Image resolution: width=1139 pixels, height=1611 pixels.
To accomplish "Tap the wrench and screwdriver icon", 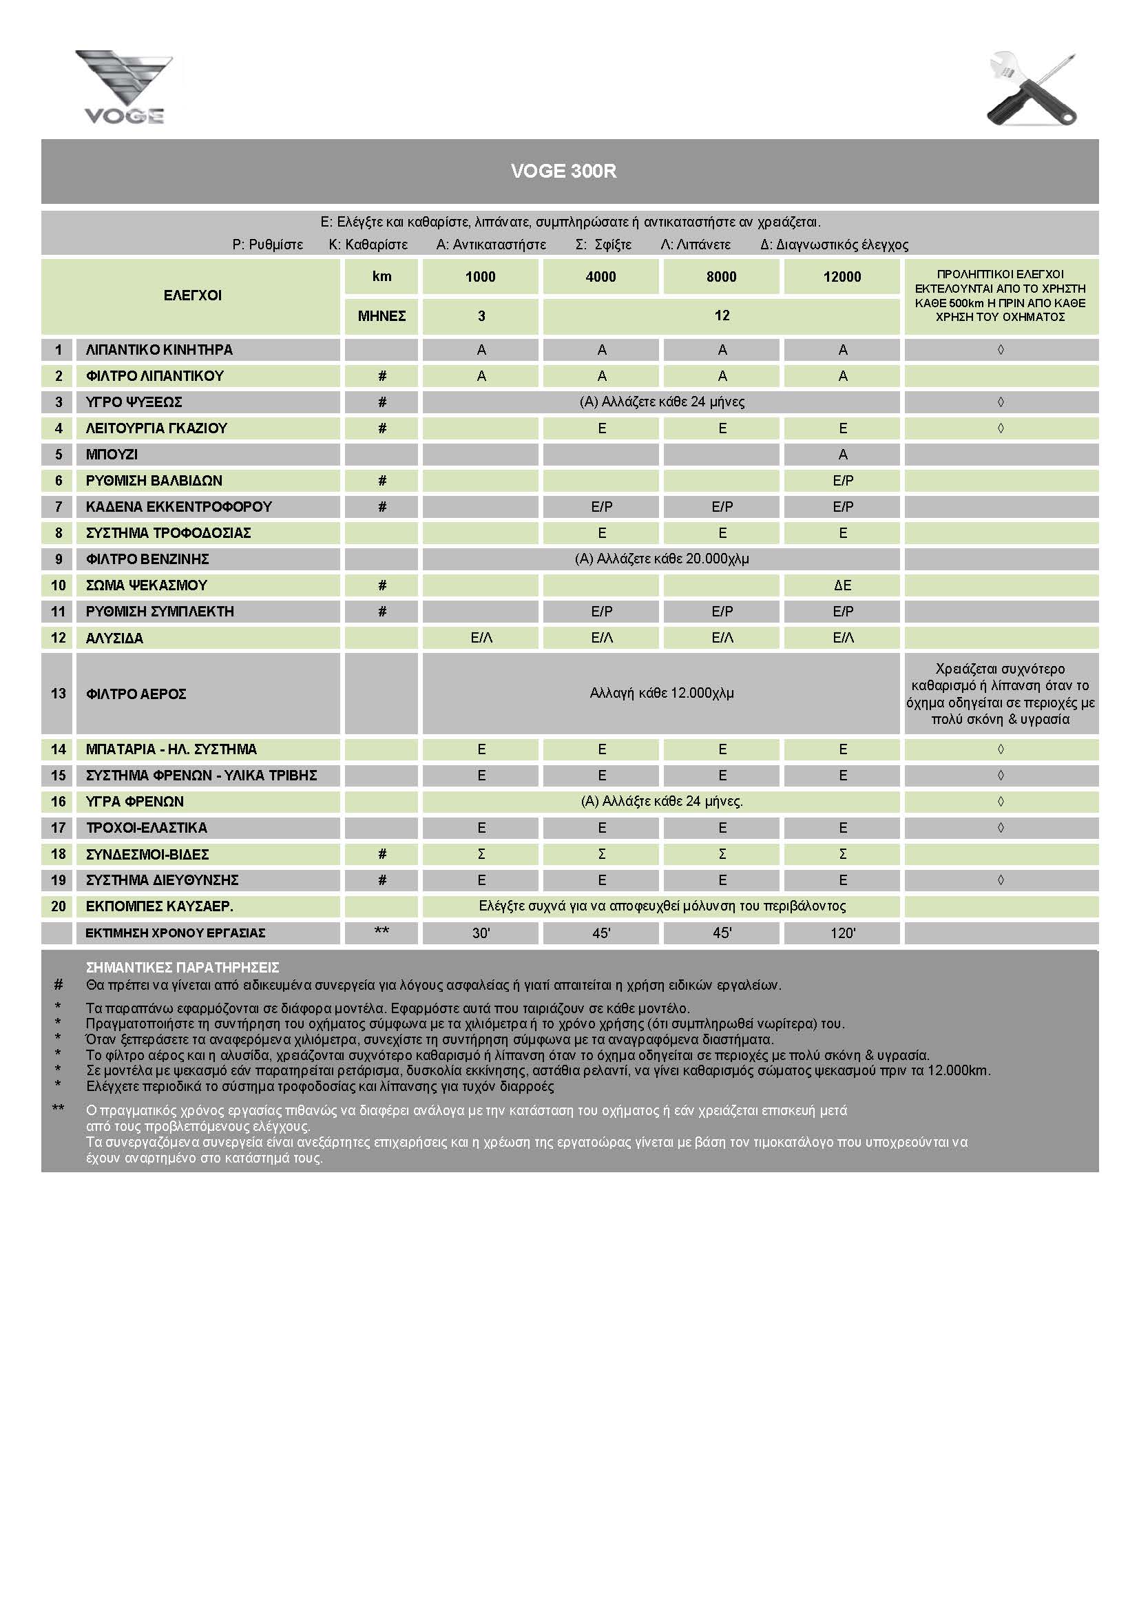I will [1032, 89].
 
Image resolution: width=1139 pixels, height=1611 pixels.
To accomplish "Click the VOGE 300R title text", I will [563, 172].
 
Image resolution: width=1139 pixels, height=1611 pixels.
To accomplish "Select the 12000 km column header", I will [842, 276].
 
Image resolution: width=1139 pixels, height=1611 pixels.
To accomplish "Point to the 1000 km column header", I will [481, 276].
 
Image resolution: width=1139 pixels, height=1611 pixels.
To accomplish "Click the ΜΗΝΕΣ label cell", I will [382, 315].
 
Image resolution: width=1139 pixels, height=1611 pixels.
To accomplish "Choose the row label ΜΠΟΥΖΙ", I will [112, 455].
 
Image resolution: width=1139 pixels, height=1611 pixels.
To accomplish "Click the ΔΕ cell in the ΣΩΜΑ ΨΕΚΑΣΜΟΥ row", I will [842, 585].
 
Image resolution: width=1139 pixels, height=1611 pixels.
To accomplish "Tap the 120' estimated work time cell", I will [842, 933].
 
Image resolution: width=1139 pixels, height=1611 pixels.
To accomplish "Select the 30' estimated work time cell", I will [481, 933].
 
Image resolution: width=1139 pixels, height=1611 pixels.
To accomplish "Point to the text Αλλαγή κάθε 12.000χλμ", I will [661, 694].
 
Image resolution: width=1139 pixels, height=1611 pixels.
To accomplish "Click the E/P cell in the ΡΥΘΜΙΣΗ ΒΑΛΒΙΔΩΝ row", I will [842, 481].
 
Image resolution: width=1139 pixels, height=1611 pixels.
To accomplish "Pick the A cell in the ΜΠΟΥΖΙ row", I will [842, 455].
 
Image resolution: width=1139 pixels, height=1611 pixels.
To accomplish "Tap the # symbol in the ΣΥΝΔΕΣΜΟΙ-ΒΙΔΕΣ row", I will [382, 854].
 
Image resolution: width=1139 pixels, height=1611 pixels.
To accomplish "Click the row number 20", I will [59, 906].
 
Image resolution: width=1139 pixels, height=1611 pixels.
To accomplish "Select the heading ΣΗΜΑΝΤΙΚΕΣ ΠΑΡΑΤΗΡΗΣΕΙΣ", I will [182, 968].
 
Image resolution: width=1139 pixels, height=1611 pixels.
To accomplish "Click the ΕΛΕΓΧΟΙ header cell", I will [192, 295].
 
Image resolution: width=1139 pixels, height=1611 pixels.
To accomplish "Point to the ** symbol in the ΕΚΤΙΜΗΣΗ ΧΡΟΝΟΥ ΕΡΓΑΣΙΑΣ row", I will [382, 931].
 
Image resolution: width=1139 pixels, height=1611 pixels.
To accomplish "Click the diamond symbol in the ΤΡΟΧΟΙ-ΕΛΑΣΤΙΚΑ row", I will [1000, 828].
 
